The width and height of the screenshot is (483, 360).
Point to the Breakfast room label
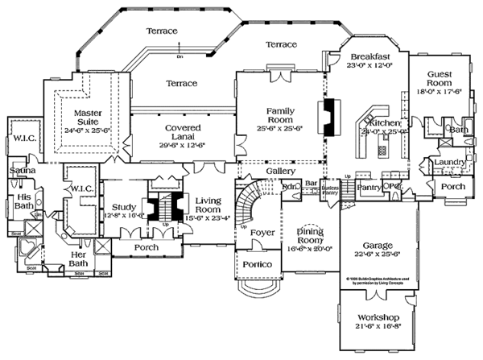coord(370,56)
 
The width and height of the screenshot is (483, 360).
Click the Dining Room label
coord(309,235)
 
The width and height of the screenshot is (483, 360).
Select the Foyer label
coord(262,233)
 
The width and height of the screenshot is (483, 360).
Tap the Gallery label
coord(279,172)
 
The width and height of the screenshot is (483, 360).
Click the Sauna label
coord(19,171)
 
